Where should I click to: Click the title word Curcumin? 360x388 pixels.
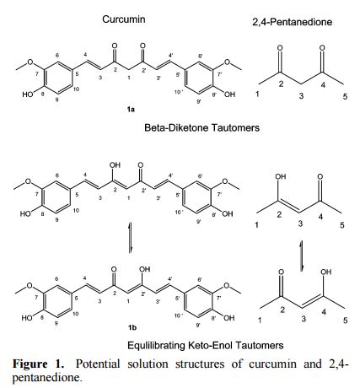(124, 19)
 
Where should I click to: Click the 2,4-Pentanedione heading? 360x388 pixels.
(293, 22)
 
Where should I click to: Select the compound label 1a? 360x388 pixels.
(131, 109)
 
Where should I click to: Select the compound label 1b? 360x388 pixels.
(132, 327)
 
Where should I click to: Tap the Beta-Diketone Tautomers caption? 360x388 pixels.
(201, 127)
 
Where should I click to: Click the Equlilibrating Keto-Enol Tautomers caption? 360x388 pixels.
(206, 345)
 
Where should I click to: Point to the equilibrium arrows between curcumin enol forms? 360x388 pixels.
(130, 238)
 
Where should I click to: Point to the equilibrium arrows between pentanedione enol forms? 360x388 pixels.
(302, 256)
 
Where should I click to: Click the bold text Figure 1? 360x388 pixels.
(38, 364)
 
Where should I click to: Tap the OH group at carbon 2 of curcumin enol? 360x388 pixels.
(115, 165)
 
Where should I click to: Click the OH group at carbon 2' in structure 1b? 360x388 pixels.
(145, 269)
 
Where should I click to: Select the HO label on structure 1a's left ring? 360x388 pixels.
(28, 94)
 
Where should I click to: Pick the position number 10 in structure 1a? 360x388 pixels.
(76, 89)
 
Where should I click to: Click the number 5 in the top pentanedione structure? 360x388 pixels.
(345, 97)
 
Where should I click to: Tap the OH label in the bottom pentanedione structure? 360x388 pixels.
(325, 272)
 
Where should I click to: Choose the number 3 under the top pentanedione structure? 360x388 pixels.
(301, 96)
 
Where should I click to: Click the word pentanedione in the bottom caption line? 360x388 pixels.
(47, 377)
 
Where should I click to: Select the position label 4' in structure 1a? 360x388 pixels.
(170, 56)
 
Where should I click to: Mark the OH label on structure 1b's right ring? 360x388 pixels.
(228, 318)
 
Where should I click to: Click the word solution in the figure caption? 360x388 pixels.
(148, 364)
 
